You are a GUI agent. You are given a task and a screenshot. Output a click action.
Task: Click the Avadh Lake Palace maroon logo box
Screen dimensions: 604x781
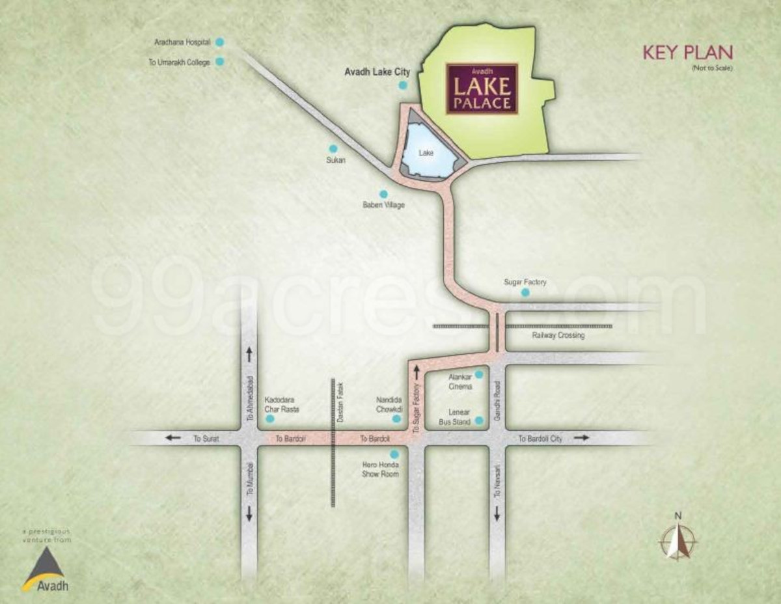pos(482,89)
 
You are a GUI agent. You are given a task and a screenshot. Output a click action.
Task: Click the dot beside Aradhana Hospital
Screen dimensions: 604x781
pos(220,42)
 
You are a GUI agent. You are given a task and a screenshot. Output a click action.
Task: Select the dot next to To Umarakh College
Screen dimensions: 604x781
pos(220,62)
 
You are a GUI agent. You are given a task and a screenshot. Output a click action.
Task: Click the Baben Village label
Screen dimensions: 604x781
pos(383,205)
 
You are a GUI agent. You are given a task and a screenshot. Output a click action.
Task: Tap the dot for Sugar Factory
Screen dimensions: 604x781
pos(525,293)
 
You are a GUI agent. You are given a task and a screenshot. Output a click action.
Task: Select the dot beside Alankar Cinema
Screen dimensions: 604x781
pos(479,374)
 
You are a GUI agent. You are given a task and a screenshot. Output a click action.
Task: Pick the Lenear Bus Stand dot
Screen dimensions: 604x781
pos(479,420)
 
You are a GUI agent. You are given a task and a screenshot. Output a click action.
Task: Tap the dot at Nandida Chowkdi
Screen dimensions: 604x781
pos(396,419)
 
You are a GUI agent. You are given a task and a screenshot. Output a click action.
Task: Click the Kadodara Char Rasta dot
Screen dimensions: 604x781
pos(269,418)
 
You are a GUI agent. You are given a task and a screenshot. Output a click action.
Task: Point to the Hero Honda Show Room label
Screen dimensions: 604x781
pos(381,469)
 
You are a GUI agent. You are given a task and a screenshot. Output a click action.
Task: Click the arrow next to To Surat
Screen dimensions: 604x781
pos(172,438)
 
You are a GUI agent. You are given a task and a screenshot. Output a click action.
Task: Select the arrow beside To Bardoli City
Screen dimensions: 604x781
pos(581,438)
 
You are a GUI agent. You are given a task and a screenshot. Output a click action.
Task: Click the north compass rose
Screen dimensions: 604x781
pos(678,540)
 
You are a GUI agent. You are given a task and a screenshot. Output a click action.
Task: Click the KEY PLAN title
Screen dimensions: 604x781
pos(688,52)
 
